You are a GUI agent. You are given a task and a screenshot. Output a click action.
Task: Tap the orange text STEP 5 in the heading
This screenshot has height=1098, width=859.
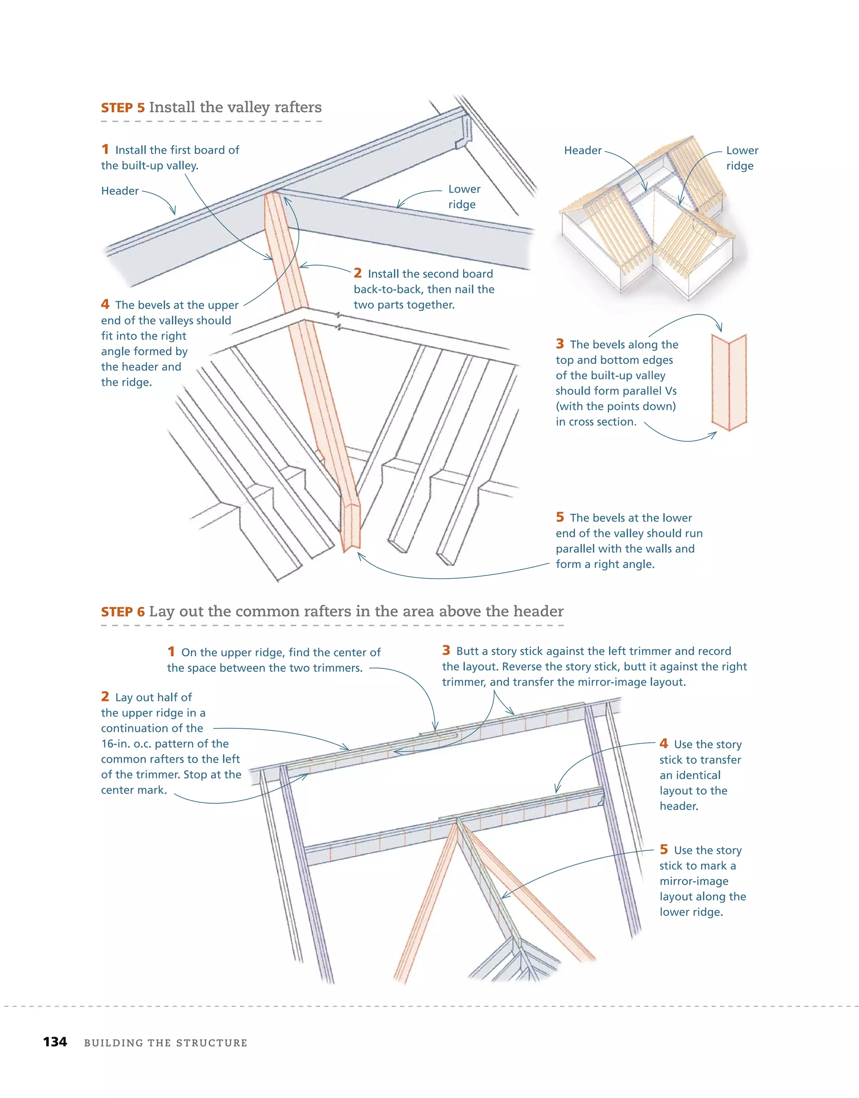tap(123, 108)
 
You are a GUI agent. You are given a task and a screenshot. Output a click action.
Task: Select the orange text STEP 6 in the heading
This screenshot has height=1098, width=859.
tap(123, 612)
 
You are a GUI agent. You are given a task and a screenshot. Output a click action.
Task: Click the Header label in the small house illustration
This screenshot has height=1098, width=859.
tap(582, 150)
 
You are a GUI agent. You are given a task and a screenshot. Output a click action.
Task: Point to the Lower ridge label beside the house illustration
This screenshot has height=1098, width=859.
tap(741, 158)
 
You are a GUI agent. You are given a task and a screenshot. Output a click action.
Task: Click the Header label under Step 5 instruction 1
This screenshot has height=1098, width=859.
tap(120, 191)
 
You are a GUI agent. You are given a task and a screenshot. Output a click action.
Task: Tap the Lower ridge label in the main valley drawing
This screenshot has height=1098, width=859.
tap(463, 197)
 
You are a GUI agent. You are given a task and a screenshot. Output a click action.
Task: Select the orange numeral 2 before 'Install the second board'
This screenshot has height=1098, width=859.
tap(357, 273)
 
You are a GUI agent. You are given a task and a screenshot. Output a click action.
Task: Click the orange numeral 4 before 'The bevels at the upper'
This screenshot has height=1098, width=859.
tap(105, 304)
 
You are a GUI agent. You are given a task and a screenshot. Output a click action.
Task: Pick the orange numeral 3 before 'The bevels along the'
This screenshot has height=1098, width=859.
tap(560, 344)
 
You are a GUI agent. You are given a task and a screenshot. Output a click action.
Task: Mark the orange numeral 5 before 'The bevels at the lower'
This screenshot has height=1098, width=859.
tap(560, 517)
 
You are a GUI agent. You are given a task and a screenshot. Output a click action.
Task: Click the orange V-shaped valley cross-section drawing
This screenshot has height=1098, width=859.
tap(729, 382)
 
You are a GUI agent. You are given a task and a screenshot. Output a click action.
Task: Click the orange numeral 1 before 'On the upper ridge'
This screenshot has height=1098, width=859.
tap(171, 652)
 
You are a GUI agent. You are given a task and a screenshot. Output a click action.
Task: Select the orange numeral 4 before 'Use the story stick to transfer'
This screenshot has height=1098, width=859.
tap(664, 743)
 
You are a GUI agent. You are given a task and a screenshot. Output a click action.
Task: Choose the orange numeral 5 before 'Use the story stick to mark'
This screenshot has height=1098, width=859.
tap(664, 849)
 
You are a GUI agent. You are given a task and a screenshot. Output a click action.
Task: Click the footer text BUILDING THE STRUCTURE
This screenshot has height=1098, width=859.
tap(166, 1043)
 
